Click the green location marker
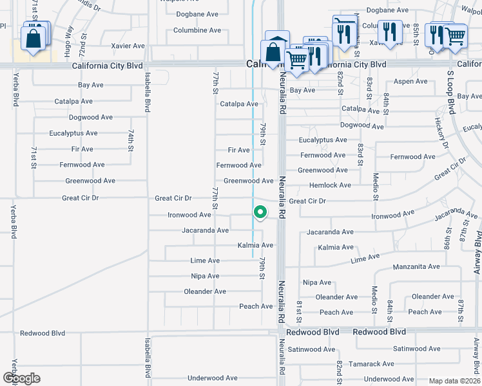(260, 212)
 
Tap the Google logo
(21, 378)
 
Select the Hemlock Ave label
(331, 185)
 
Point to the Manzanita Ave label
(416, 266)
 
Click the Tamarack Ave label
(372, 364)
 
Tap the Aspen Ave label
(410, 82)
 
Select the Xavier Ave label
(128, 46)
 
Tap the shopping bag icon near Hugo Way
(33, 38)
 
